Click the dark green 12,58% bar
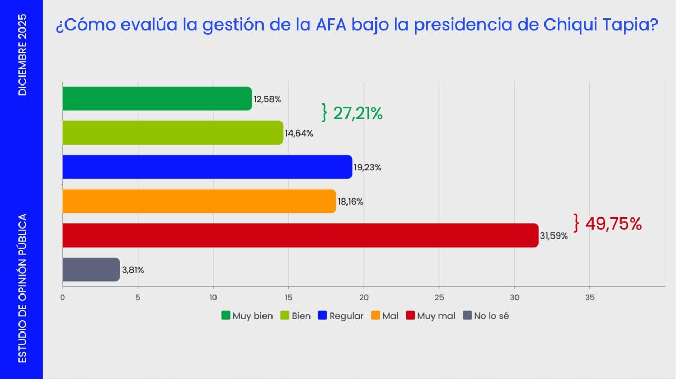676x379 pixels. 157,99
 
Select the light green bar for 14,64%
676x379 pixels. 173,133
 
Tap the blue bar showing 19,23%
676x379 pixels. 207,167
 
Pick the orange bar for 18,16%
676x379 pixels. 199,201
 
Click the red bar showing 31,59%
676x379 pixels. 300,235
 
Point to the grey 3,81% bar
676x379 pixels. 91,269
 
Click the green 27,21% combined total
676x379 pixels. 358,113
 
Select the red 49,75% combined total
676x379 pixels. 613,224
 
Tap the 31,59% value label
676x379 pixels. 554,236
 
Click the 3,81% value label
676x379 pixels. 133,270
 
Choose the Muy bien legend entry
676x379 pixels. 247,316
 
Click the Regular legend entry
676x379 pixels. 341,316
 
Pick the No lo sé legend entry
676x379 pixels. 486,316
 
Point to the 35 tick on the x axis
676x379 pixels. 590,298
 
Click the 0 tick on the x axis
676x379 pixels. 63,298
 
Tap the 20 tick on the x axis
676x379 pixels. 364,298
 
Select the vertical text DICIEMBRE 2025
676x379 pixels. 22,55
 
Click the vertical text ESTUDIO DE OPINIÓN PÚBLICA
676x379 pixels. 22,288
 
